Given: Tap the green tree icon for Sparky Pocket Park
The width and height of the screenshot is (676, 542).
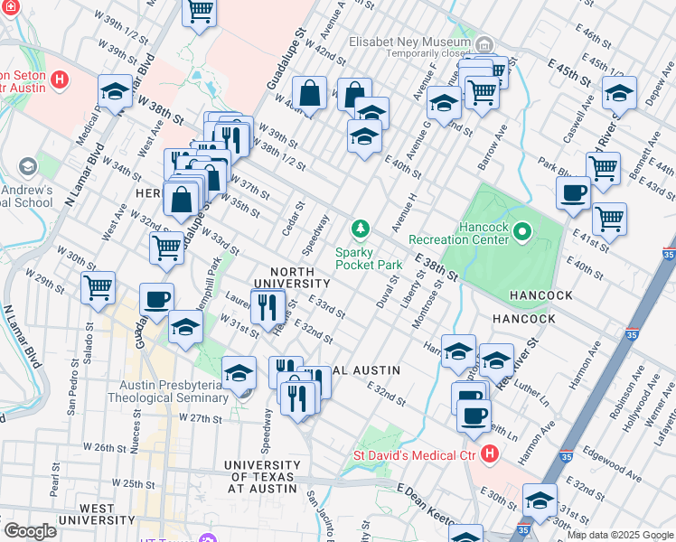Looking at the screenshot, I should [361, 228].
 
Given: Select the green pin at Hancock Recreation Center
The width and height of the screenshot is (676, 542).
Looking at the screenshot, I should [521, 235].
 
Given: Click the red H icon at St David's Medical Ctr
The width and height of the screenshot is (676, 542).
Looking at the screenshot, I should [490, 453].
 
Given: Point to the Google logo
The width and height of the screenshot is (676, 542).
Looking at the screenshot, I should [30, 531].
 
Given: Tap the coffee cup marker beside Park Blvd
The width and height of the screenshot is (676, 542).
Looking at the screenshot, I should [574, 192].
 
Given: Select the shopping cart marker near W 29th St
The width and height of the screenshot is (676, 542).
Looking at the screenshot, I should [98, 288].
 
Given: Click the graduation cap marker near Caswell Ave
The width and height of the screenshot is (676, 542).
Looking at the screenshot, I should [619, 93].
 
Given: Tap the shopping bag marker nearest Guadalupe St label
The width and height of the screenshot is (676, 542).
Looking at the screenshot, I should [309, 93].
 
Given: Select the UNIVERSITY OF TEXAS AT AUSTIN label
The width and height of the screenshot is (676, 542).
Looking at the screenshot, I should [261, 476].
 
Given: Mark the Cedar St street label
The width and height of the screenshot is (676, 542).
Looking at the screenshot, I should [290, 217].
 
